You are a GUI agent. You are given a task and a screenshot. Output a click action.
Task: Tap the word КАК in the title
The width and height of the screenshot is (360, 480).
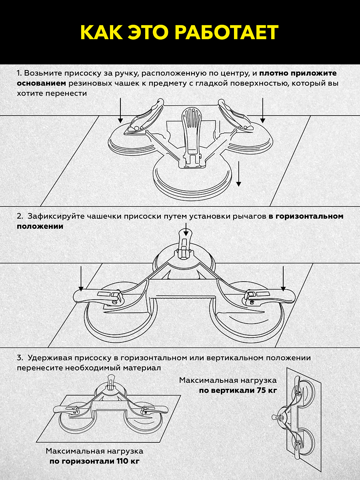click(102, 32)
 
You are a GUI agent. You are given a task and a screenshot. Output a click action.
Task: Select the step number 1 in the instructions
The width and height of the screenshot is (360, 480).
click(18, 74)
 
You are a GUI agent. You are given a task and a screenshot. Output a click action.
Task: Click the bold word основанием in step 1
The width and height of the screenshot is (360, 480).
click(41, 84)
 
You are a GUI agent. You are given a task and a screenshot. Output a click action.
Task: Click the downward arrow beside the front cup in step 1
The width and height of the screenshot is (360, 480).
click(239, 174)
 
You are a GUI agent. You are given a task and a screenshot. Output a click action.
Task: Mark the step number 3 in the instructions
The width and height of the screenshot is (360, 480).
click(19, 358)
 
